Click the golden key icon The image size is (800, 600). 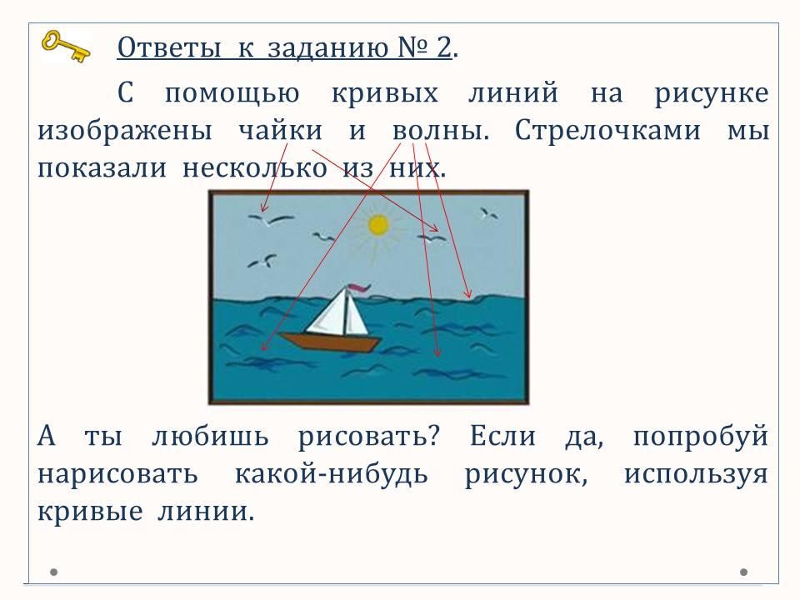click(66, 46)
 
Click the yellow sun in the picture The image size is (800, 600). click(378, 225)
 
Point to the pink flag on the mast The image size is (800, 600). click(358, 288)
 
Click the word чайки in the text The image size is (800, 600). click(281, 131)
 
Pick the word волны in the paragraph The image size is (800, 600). click(440, 131)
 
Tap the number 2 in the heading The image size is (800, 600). click(444, 47)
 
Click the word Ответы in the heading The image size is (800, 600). click(169, 47)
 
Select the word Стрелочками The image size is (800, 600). click(607, 131)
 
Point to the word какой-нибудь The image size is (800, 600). click(331, 474)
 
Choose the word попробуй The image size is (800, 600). click(701, 437)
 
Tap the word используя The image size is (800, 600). click(696, 474)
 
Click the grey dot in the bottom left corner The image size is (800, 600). click(53, 572)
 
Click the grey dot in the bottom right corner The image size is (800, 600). click(744, 572)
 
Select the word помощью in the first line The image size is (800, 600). click(232, 94)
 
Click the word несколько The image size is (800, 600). click(255, 168)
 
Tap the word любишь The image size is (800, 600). click(210, 437)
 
